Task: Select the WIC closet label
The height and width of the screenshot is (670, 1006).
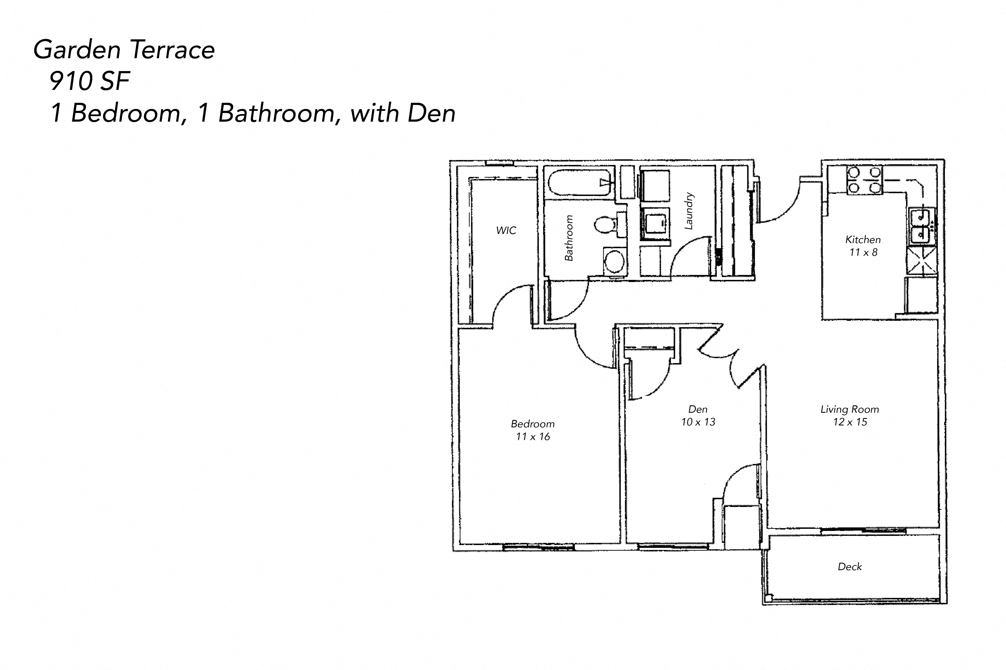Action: point(506,231)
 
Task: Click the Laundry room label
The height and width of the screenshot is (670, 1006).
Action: point(689,211)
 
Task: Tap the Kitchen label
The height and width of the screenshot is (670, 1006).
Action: point(863,240)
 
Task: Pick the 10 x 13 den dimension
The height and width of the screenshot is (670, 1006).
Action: point(698,422)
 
